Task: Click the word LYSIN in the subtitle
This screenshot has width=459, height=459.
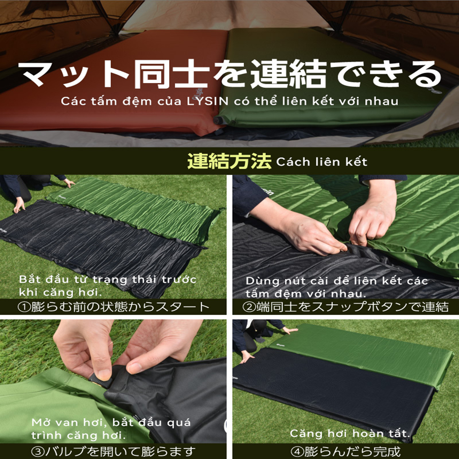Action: click(208, 101)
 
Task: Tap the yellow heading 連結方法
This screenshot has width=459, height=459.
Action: click(229, 161)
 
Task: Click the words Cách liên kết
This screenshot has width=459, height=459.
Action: click(322, 162)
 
